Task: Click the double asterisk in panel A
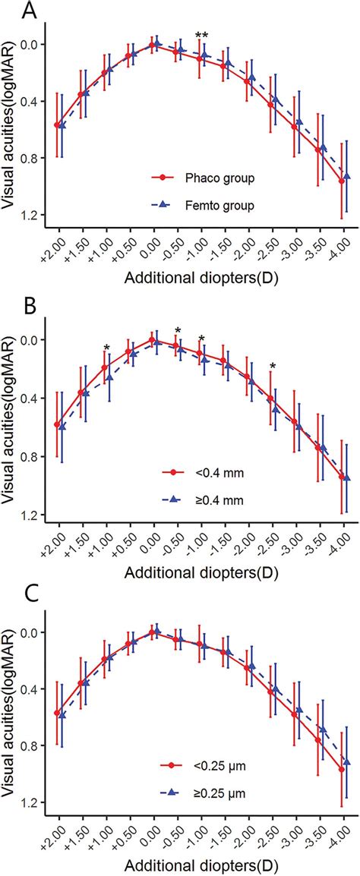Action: click(201, 36)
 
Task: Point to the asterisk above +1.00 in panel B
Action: click(106, 348)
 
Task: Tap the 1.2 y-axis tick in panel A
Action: click(31, 216)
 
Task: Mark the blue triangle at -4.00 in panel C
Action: click(347, 761)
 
